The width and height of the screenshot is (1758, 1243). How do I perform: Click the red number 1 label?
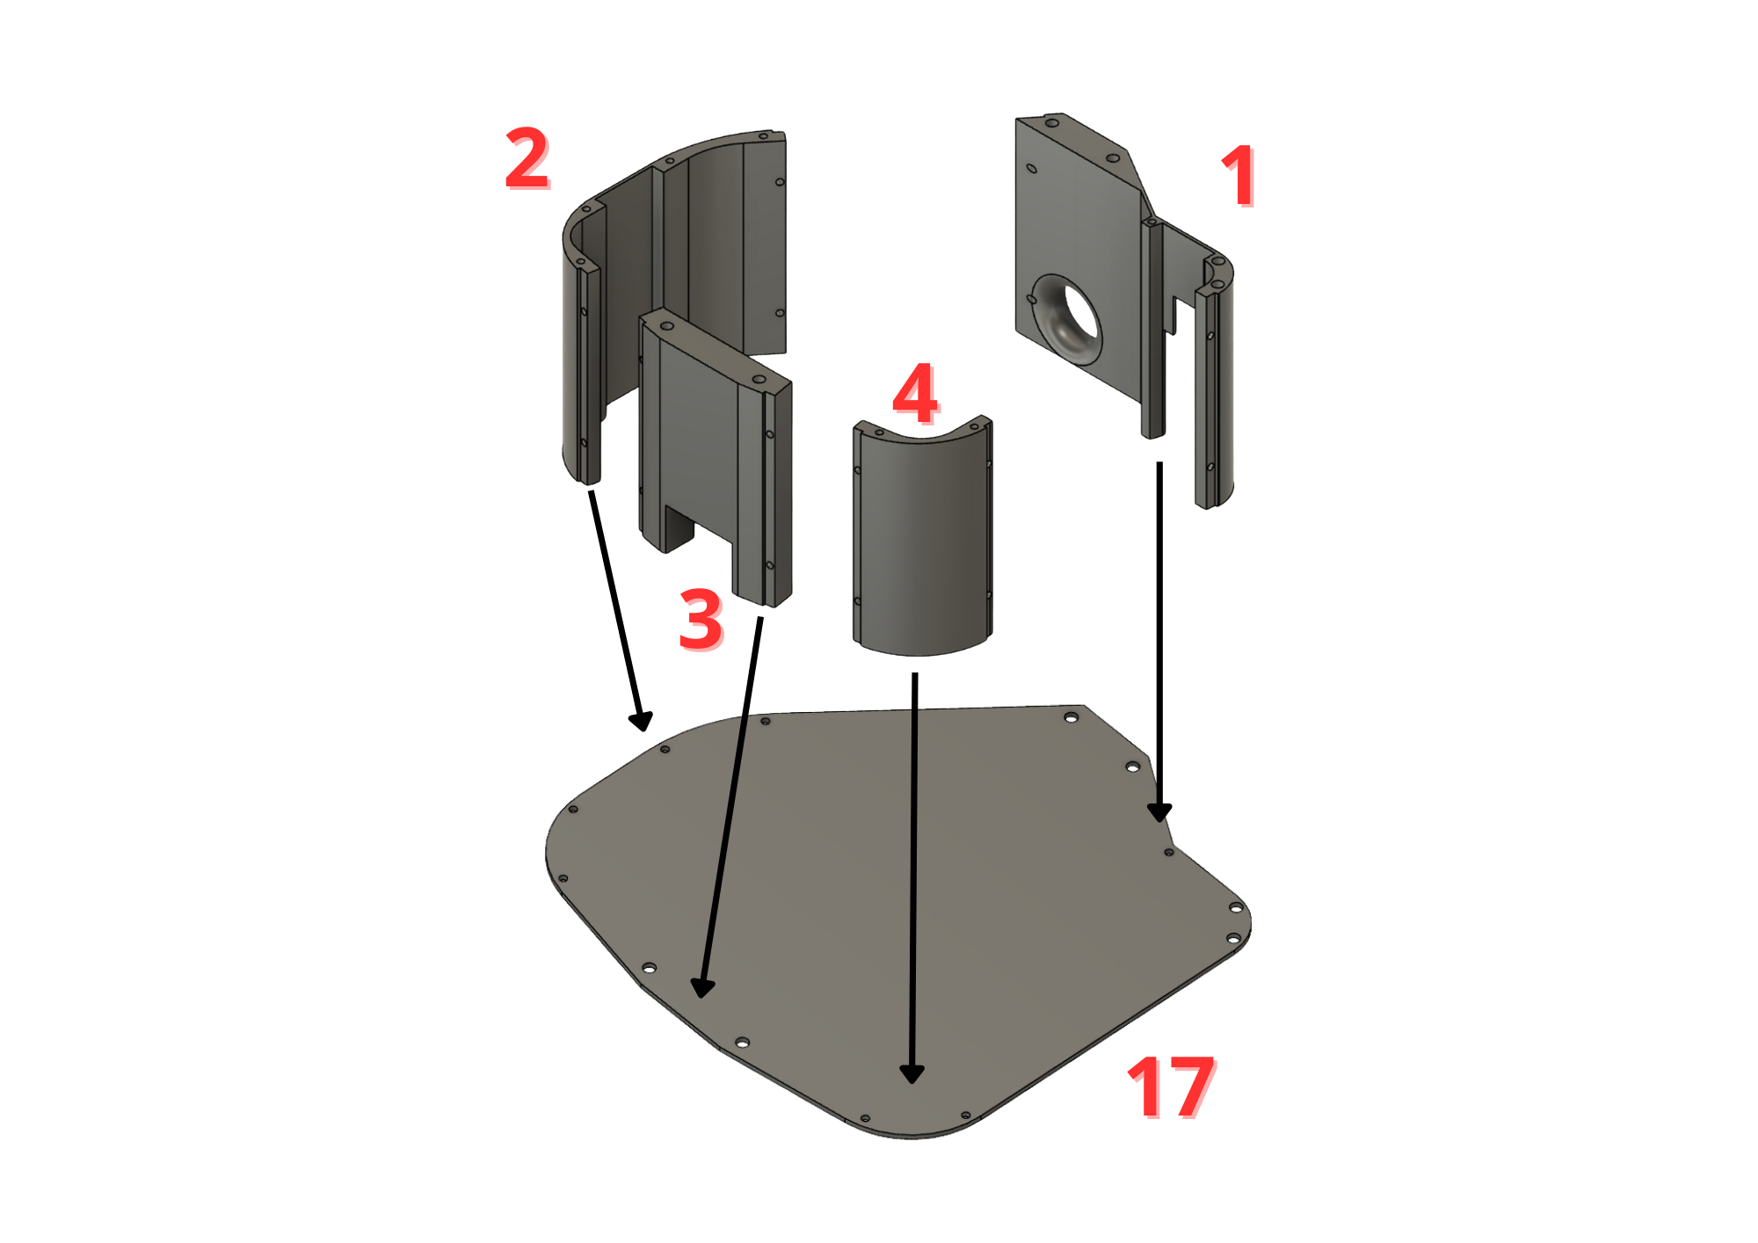click(1239, 177)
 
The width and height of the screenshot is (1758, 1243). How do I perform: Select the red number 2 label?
click(527, 158)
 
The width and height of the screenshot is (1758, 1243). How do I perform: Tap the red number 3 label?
click(701, 620)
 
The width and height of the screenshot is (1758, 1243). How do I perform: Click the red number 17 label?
click(1171, 1087)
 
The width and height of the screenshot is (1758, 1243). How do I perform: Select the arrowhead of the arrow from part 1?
click(1159, 812)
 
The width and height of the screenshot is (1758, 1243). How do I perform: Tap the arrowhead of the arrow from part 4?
click(912, 1073)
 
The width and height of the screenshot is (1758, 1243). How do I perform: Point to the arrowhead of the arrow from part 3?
click(701, 988)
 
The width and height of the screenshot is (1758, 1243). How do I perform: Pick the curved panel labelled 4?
click(922, 536)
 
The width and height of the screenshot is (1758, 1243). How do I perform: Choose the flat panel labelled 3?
click(716, 457)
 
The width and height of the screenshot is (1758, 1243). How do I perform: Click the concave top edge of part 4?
click(921, 436)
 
